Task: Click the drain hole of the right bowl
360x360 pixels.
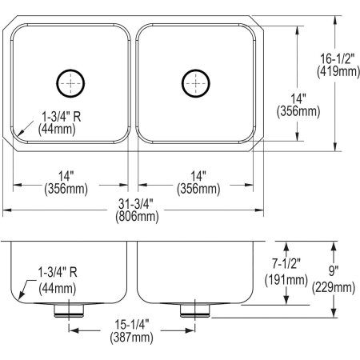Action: [194, 82]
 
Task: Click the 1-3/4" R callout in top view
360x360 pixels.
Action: [61, 117]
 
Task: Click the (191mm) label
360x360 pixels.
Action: [286, 279]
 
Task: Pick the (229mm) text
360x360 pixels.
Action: [334, 287]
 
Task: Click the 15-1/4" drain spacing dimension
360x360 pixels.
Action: [133, 325]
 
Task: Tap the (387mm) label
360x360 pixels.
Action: [133, 338]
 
